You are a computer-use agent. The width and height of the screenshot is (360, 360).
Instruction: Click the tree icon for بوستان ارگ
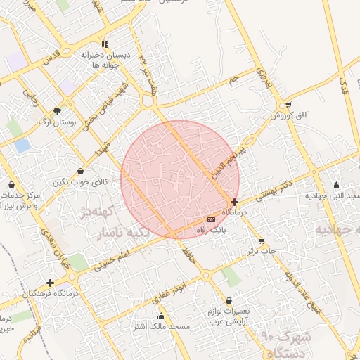point(57,110)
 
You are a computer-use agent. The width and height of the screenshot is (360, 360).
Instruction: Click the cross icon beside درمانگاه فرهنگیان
point(50,283)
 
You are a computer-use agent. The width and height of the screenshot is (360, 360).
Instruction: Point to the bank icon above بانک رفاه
point(212,219)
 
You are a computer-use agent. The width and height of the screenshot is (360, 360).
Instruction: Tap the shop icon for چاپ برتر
point(262,240)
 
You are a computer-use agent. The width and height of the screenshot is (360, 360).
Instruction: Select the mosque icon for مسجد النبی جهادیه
point(335,185)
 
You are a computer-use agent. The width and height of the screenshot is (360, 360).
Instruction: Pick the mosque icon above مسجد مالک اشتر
point(162,316)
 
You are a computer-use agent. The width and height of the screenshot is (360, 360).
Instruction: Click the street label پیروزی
point(261,74)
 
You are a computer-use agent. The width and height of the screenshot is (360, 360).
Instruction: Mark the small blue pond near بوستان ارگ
point(22,146)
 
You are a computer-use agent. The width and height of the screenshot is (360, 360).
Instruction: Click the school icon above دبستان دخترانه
point(105,44)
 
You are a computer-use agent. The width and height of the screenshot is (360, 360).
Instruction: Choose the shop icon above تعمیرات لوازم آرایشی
point(229,300)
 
